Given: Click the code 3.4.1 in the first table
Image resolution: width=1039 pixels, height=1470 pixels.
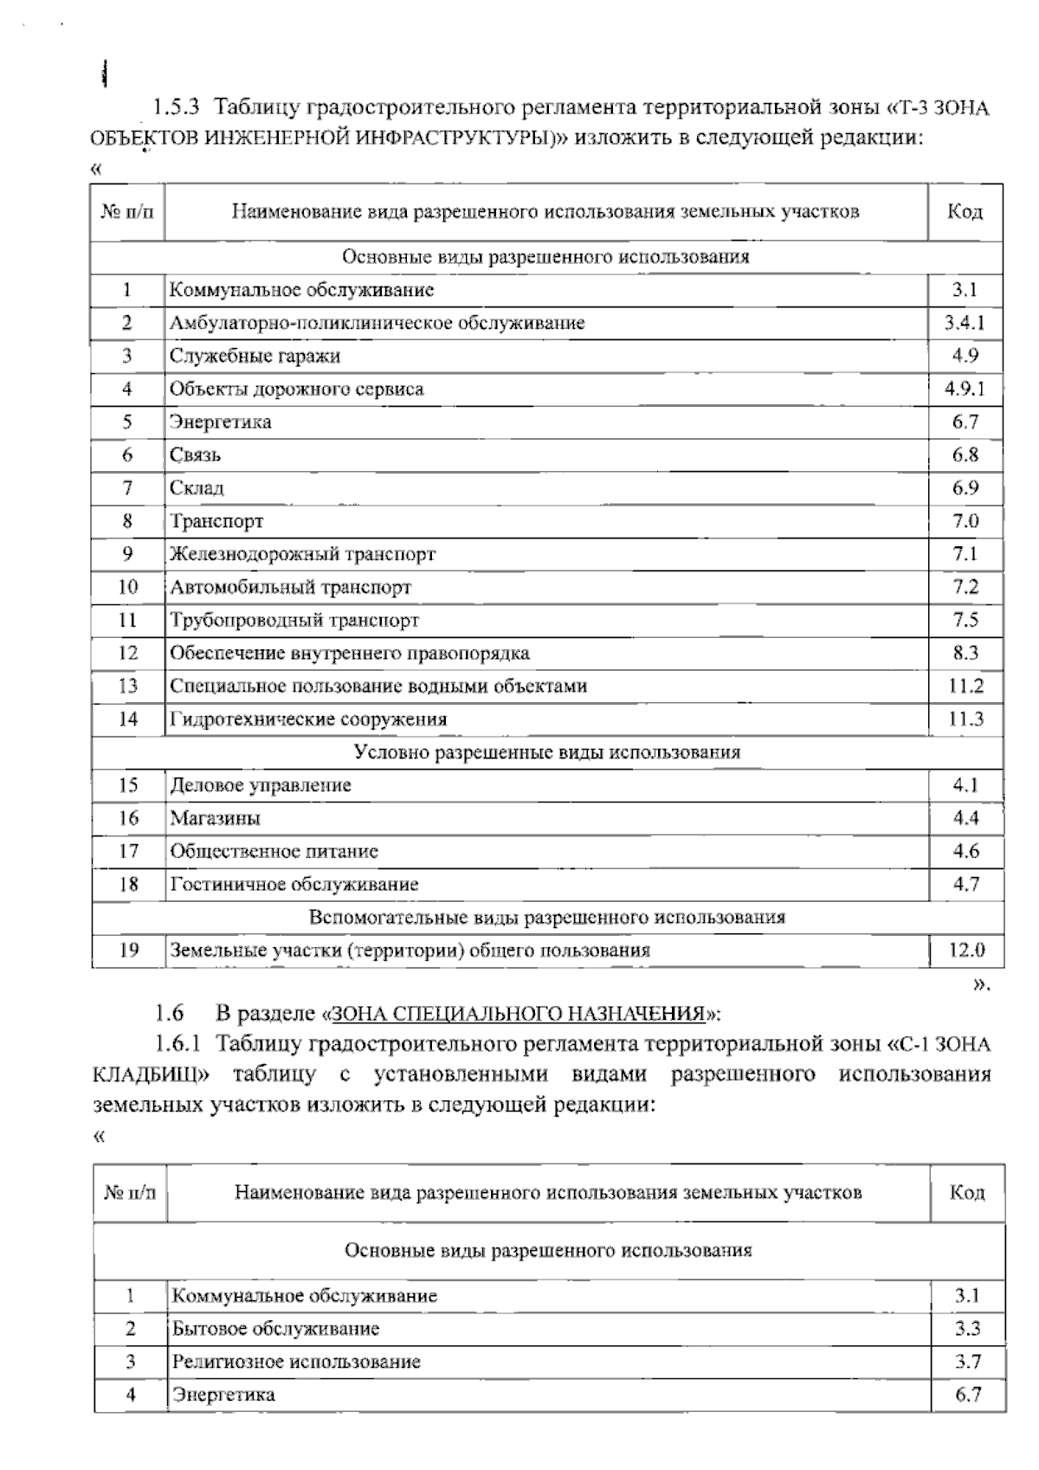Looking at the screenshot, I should [965, 323].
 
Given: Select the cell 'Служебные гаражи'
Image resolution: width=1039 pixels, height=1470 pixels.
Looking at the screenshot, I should [255, 356].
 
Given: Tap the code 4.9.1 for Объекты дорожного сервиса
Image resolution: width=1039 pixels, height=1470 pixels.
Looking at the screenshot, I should [965, 389].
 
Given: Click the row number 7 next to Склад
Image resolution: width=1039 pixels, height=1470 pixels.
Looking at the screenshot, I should [127, 487].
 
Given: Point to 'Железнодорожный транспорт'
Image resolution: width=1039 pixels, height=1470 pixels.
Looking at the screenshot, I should [302, 554].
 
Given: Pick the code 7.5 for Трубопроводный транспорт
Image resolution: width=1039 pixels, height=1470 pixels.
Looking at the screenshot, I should [965, 620].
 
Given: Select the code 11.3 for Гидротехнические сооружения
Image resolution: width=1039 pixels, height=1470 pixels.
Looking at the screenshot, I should [965, 719].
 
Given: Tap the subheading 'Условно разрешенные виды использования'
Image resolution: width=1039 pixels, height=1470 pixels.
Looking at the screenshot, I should [547, 751].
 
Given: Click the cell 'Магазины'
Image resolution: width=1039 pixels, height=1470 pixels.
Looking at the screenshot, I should [215, 818].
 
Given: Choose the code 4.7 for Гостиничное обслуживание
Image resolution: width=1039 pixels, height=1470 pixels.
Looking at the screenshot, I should [965, 884].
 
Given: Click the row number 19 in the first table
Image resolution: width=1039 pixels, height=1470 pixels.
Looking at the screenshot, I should [128, 950].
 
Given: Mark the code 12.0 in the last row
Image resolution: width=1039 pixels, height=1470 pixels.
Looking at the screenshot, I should [966, 950].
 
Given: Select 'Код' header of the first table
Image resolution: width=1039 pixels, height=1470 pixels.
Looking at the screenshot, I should [965, 211].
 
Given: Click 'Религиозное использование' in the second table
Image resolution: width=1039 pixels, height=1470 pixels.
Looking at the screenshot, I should [296, 1362].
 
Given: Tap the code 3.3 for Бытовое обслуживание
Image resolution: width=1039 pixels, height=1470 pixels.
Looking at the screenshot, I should [967, 1329].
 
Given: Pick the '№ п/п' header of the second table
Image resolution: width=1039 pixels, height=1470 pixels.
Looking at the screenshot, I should [130, 1193].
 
